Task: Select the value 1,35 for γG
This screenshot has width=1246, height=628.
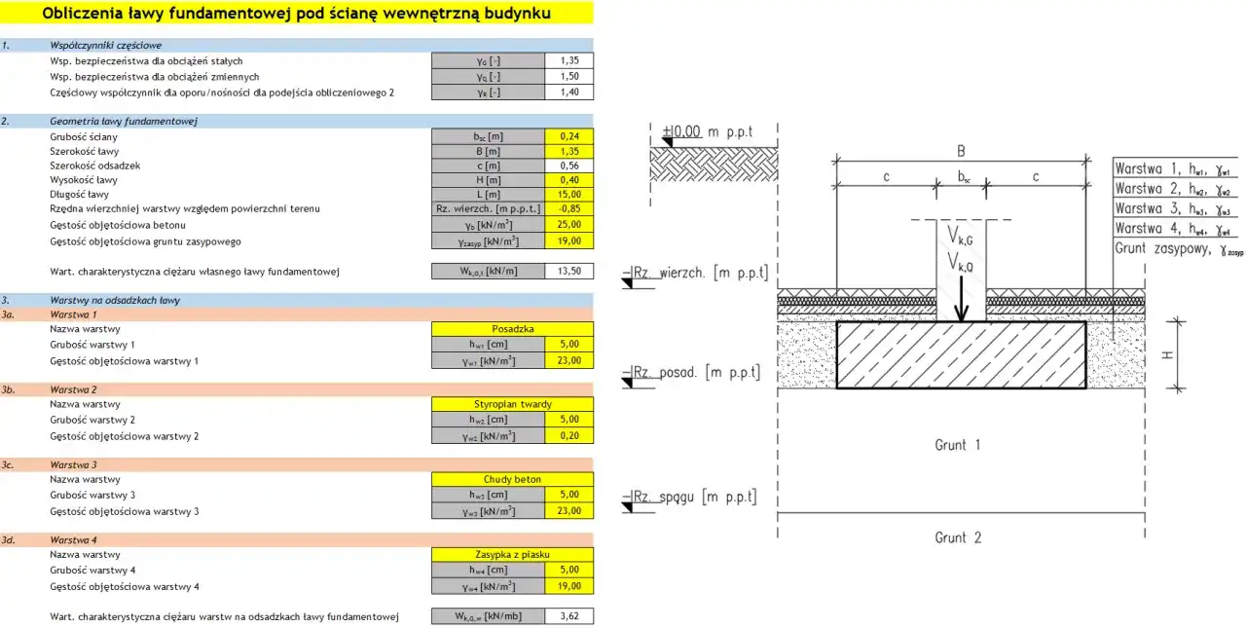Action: pos(569,60)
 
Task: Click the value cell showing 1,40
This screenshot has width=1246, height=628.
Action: pos(569,92)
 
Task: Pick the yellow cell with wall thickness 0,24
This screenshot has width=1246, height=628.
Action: pos(569,136)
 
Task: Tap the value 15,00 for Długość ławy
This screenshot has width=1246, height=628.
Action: pos(569,195)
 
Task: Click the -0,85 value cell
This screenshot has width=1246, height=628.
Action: pos(569,209)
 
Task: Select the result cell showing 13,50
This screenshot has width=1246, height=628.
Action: pos(569,272)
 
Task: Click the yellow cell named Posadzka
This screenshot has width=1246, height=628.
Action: pos(512,329)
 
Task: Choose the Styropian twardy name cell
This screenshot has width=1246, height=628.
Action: pos(512,404)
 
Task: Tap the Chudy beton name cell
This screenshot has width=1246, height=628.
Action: pos(512,479)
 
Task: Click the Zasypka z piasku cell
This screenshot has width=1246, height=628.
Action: pos(512,554)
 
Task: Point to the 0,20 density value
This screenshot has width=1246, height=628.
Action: pos(569,436)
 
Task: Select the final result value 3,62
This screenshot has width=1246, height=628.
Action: pos(569,616)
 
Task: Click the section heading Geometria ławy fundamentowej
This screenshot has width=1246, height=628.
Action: pos(124,122)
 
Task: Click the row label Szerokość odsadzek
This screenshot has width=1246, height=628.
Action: pos(94,166)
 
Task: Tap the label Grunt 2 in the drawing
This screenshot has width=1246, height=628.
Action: pos(958,537)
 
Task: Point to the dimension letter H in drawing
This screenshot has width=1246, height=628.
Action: pos(1166,356)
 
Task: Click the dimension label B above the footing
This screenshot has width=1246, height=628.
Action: pos(961,151)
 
